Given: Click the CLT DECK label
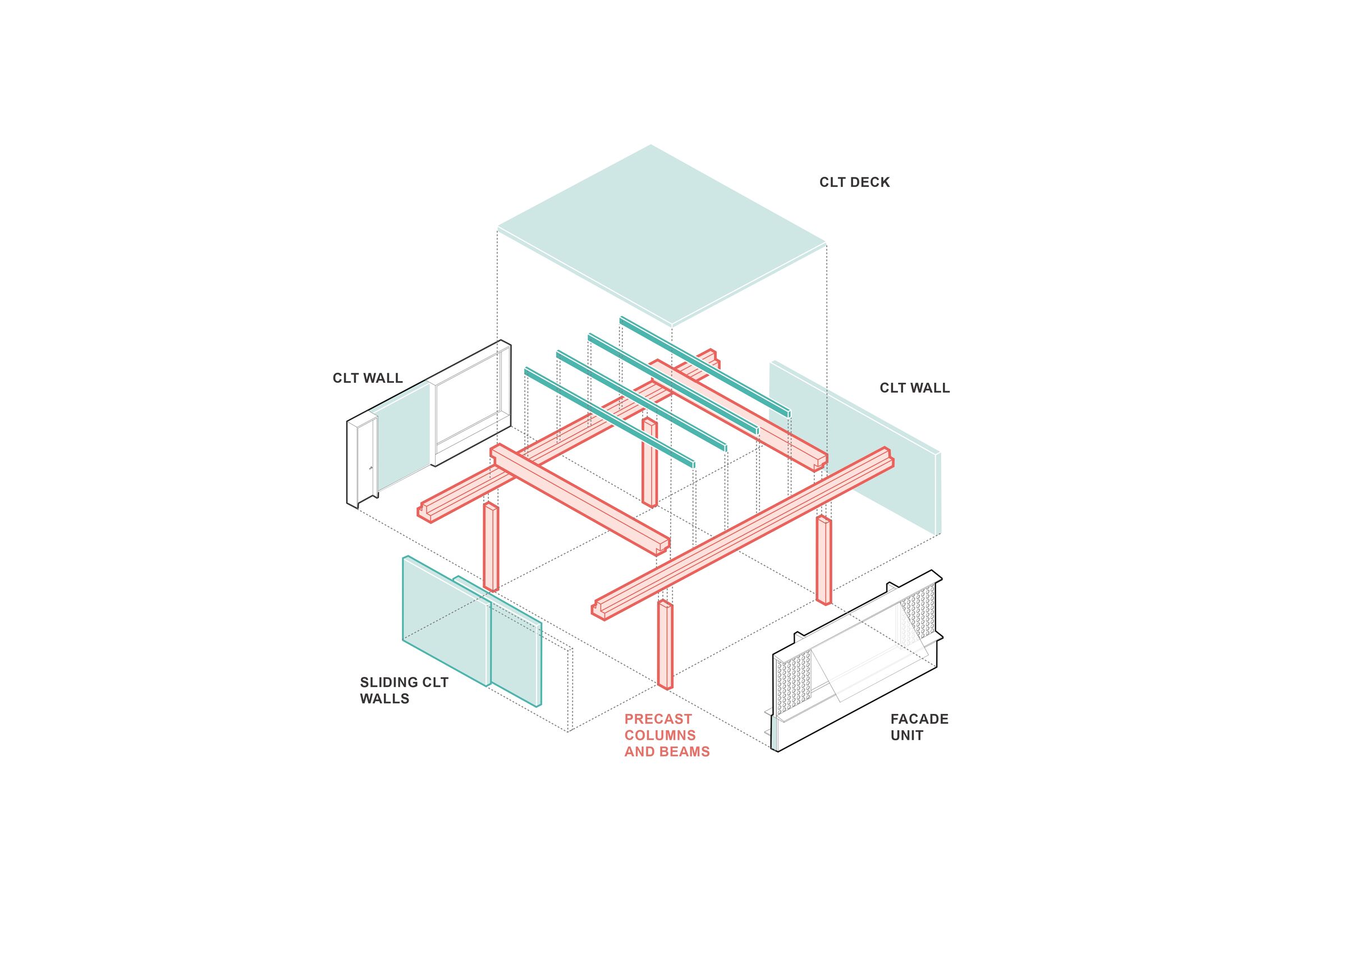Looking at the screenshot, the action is [854, 182].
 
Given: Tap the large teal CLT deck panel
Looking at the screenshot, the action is [662, 235].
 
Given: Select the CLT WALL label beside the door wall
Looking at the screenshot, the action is [368, 378].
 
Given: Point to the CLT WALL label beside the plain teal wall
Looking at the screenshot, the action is [915, 388].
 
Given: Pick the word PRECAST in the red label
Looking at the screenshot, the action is [658, 719].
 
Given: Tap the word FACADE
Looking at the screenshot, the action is [919, 719].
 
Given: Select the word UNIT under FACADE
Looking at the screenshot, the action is [906, 735].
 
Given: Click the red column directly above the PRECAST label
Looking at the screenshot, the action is [665, 644].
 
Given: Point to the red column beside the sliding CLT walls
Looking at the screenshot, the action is [491, 546].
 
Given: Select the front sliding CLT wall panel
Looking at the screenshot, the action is [446, 621].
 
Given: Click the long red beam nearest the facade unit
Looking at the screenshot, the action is [742, 534].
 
